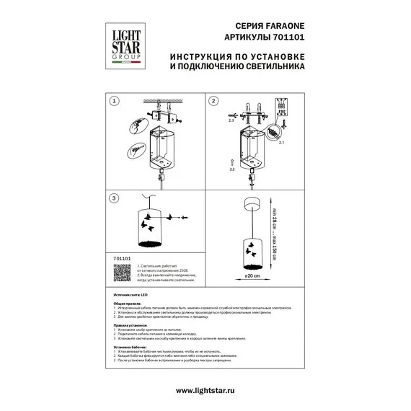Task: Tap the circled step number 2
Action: coord(214,103)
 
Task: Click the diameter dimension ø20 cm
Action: coord(252,275)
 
